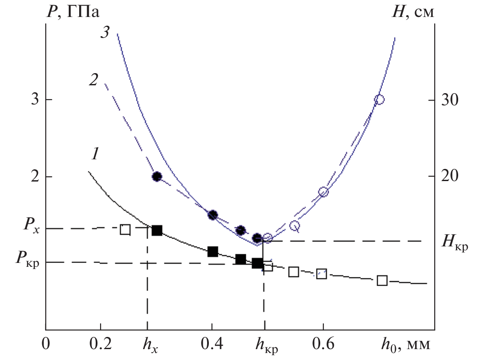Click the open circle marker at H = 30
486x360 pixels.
tap(379, 100)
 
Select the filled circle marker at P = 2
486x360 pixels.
tap(157, 176)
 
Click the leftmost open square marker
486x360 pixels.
tap(125, 229)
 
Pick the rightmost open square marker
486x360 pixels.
tap(382, 280)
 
